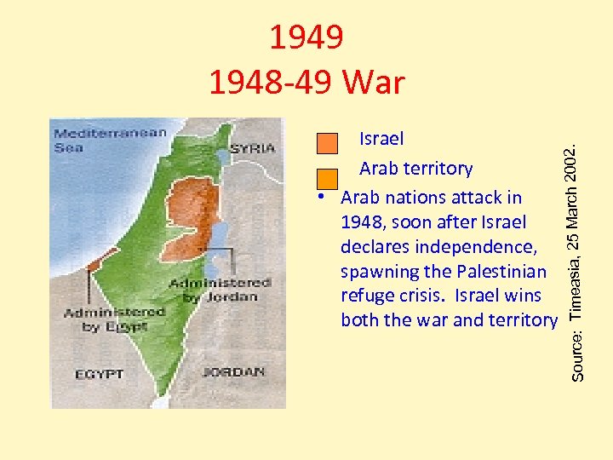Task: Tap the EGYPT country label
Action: pos(100,374)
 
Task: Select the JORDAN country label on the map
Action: pos(233,372)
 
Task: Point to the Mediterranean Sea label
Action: pos(86,140)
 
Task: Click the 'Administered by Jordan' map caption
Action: pos(221,290)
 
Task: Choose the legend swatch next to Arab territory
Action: pos(327,178)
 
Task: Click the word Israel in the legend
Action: pos(381,138)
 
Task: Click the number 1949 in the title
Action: pos(306,37)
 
